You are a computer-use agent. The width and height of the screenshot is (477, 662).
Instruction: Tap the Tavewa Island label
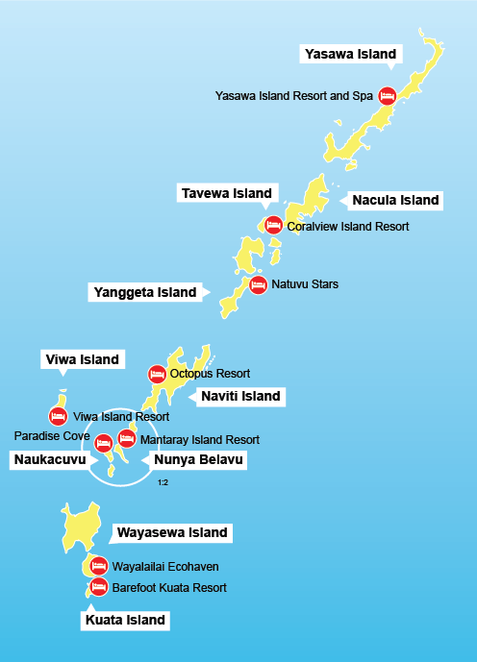227,193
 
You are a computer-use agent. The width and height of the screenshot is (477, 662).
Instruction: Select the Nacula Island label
395,201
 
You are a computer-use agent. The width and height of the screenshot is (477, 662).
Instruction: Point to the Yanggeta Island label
144,291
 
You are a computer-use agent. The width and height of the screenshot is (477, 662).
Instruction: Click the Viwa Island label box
83,359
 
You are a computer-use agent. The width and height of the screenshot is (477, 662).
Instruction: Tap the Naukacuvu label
49,460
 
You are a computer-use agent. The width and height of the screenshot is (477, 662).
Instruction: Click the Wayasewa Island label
171,532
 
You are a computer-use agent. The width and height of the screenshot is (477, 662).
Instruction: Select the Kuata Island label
126,621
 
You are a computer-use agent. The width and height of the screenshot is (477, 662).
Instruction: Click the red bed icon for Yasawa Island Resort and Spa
387,96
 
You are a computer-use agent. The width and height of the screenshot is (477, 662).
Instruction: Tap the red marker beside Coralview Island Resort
273,226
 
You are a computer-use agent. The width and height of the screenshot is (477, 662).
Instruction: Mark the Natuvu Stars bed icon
258,284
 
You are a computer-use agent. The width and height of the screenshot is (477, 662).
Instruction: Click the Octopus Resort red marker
156,374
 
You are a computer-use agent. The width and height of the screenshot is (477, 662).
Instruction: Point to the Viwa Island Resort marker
58,416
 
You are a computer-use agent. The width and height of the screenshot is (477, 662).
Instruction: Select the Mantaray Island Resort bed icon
126,439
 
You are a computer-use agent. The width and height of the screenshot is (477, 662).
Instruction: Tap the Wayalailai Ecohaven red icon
98,565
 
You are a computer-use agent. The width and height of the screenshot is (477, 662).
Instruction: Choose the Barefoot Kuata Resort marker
98,586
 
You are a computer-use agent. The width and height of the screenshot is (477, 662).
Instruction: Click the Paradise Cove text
52,435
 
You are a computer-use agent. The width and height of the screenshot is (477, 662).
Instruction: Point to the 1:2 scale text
163,481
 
